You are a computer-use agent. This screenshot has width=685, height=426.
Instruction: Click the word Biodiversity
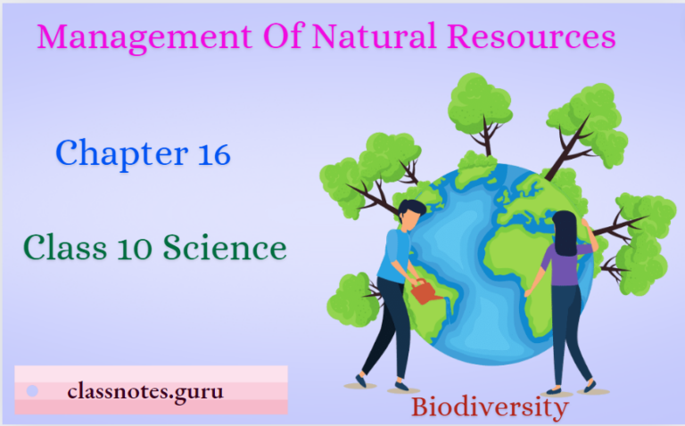pyautogui.click(x=490, y=408)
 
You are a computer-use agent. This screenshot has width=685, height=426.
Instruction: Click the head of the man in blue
pyautogui.click(x=411, y=213)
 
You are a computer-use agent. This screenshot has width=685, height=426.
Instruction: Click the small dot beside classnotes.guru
pyautogui.click(x=33, y=390)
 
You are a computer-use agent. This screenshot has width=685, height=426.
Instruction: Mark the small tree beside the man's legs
pyautogui.click(x=354, y=299)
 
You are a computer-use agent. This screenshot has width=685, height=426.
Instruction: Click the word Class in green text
pyautogui.click(x=59, y=247)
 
